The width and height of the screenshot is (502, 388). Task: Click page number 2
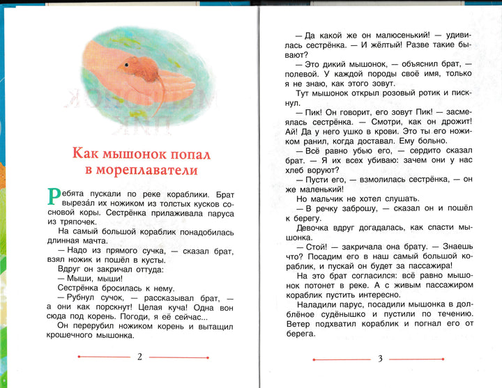coord(139,357)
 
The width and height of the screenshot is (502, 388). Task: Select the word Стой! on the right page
coord(314,247)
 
